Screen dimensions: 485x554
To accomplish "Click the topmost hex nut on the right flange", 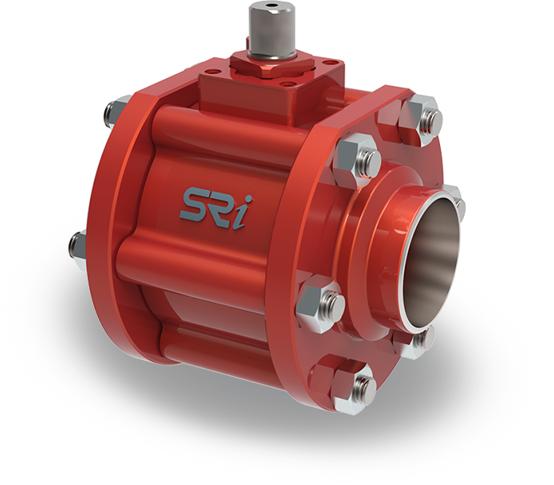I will click(422, 113).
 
